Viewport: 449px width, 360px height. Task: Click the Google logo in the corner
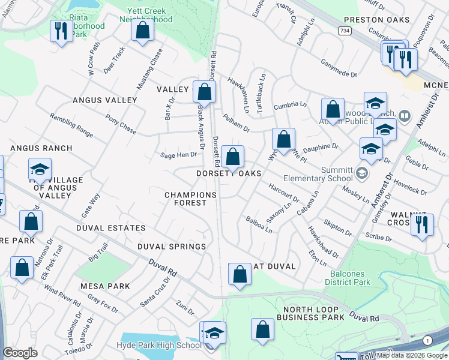point(20,353)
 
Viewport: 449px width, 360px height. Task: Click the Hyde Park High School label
point(159,345)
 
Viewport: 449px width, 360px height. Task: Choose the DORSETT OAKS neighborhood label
point(229,173)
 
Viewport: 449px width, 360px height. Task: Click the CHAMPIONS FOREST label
point(190,199)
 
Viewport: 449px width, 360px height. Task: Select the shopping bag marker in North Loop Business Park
point(262,329)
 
